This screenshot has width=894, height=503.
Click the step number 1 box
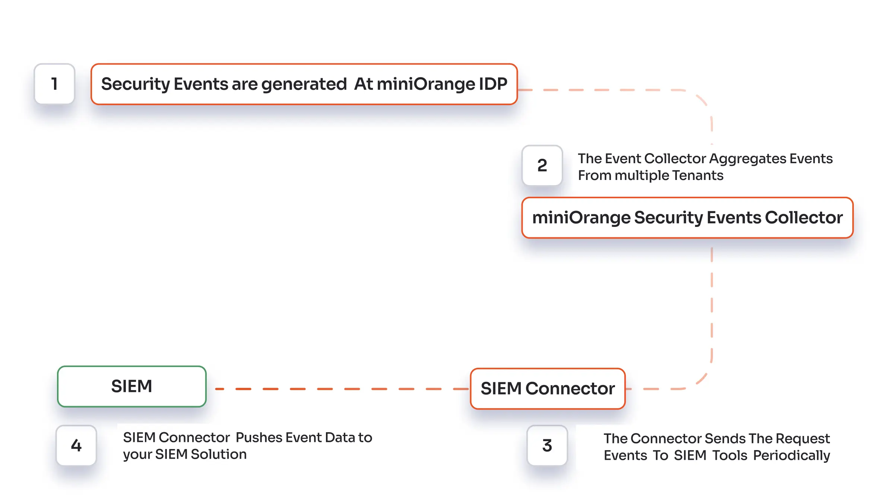(54, 84)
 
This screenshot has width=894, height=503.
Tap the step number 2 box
(542, 165)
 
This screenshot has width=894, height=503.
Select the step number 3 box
(547, 445)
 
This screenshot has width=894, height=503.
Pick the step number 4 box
(76, 445)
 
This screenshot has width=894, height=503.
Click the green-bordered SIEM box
(131, 386)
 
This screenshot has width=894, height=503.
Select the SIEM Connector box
(548, 389)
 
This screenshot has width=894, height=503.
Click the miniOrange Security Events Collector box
(687, 218)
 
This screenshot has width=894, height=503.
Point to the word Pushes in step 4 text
(259, 437)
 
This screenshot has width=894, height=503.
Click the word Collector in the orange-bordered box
(803, 218)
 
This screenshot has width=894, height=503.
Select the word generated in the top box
(304, 84)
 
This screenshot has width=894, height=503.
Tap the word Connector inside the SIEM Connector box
(570, 389)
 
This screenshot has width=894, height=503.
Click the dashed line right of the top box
(603, 90)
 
